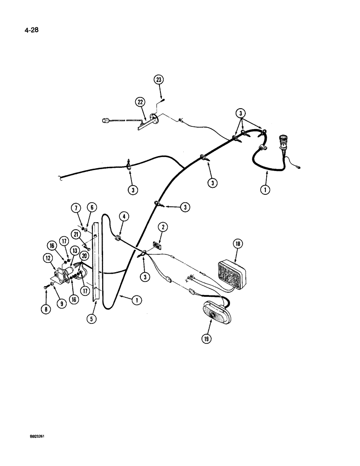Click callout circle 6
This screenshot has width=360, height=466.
coord(90,207)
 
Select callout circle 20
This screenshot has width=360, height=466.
coord(84,256)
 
